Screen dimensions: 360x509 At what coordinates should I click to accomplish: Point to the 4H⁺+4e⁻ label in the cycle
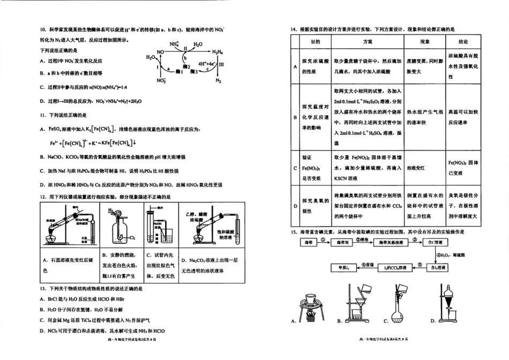tap(207, 63)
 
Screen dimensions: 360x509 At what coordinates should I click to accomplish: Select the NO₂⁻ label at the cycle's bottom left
tap(161, 81)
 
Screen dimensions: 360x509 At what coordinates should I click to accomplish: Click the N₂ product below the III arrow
tap(218, 81)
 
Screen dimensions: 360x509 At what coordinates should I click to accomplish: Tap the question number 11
tap(43, 115)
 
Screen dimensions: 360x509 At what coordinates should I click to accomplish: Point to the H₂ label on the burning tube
tap(111, 211)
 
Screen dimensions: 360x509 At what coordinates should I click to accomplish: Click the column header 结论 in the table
tap(463, 41)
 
